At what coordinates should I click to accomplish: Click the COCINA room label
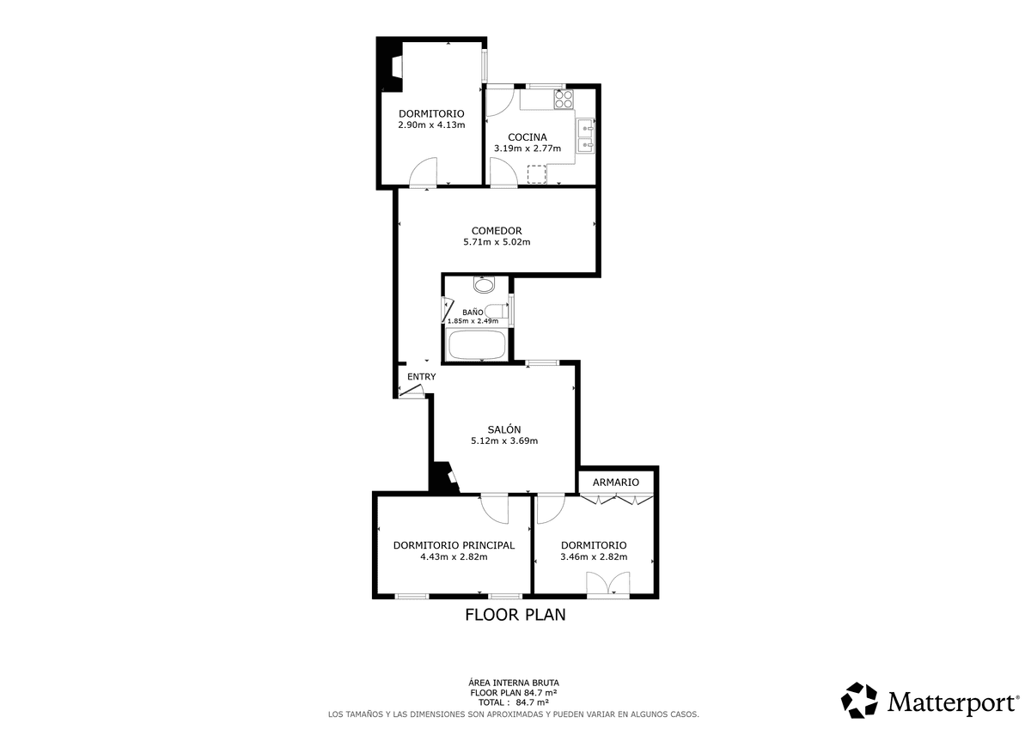pyautogui.click(x=527, y=137)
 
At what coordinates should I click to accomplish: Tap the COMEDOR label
pyautogui.click(x=497, y=231)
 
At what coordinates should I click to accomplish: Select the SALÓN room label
pyautogui.click(x=504, y=429)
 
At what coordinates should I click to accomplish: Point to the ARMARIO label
pyautogui.click(x=616, y=482)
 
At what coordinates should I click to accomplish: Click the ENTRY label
pyautogui.click(x=422, y=377)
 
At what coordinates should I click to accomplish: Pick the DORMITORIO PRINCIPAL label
pyautogui.click(x=454, y=545)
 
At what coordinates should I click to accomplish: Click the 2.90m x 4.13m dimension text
pyautogui.click(x=431, y=125)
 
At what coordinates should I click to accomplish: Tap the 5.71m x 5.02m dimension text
pyautogui.click(x=497, y=242)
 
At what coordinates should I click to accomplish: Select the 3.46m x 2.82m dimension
pyautogui.click(x=594, y=556)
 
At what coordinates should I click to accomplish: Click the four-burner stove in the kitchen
pyautogui.click(x=564, y=100)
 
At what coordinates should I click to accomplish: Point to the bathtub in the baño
pyautogui.click(x=477, y=344)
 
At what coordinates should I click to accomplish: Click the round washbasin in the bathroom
pyautogui.click(x=484, y=285)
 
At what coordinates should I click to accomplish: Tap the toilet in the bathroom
pyautogui.click(x=497, y=311)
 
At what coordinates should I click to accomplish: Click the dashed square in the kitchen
pyautogui.click(x=537, y=174)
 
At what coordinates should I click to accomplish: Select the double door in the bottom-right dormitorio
pyautogui.click(x=608, y=584)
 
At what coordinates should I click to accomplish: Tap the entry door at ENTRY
pyautogui.click(x=411, y=391)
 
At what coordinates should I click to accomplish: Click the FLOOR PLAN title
pyautogui.click(x=515, y=615)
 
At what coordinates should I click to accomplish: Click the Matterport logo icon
pyautogui.click(x=859, y=701)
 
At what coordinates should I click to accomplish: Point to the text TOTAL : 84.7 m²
pyautogui.click(x=514, y=702)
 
